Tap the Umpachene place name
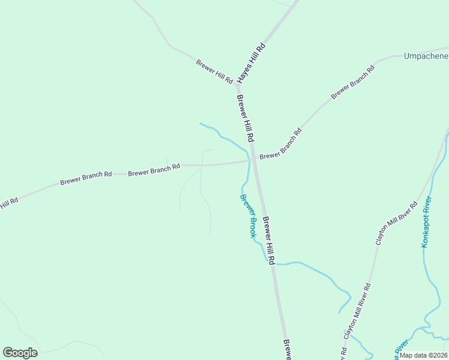pyautogui.click(x=426, y=56)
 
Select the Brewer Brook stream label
pyautogui.click(x=248, y=215)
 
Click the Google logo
pyautogui.click(x=20, y=352)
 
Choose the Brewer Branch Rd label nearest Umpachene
pyautogui.click(x=352, y=82)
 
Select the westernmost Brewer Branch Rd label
pyautogui.click(x=86, y=178)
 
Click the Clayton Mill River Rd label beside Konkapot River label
pyautogui.click(x=396, y=223)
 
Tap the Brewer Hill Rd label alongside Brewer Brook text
pyautogui.click(x=268, y=241)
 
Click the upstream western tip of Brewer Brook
pyautogui.click(x=200, y=124)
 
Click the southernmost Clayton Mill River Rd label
pyautogui.click(x=357, y=309)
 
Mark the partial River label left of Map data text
pyautogui.click(x=401, y=349)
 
